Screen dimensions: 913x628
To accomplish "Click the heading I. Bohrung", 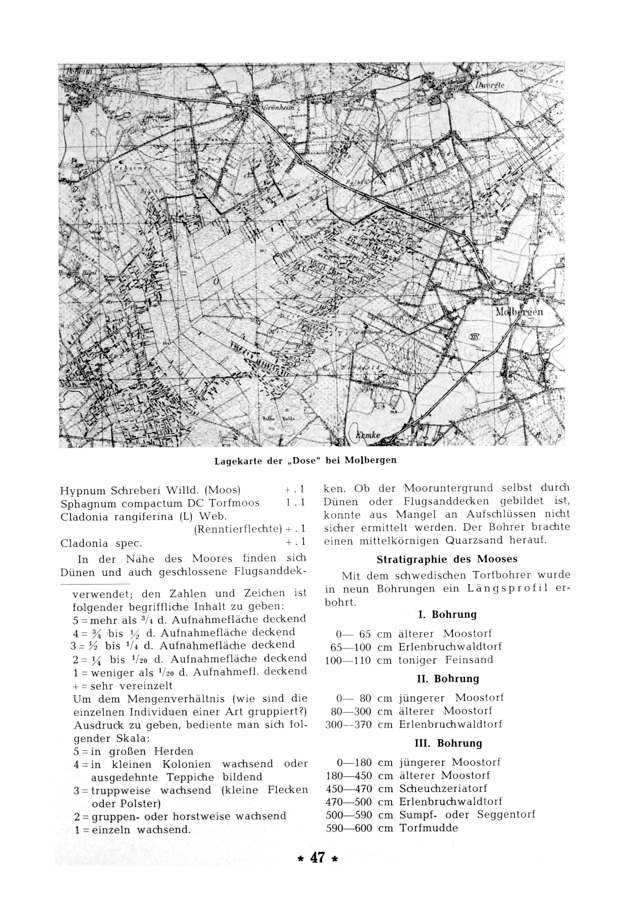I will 447,615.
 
